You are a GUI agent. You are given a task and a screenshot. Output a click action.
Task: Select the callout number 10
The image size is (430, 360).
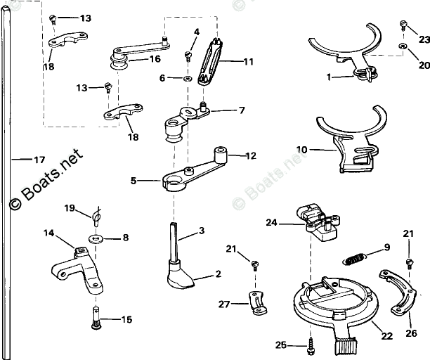(x=302, y=149)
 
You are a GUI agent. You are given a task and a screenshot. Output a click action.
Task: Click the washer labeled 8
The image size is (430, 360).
(x=97, y=238)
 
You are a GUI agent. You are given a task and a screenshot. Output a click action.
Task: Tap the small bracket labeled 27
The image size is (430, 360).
(x=254, y=303)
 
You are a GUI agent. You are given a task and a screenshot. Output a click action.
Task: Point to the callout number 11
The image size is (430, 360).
(x=248, y=62)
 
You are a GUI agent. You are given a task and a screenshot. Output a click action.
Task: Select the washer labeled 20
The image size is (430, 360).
(x=403, y=47)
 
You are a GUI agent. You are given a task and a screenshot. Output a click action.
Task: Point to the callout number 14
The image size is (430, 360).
(x=48, y=232)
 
